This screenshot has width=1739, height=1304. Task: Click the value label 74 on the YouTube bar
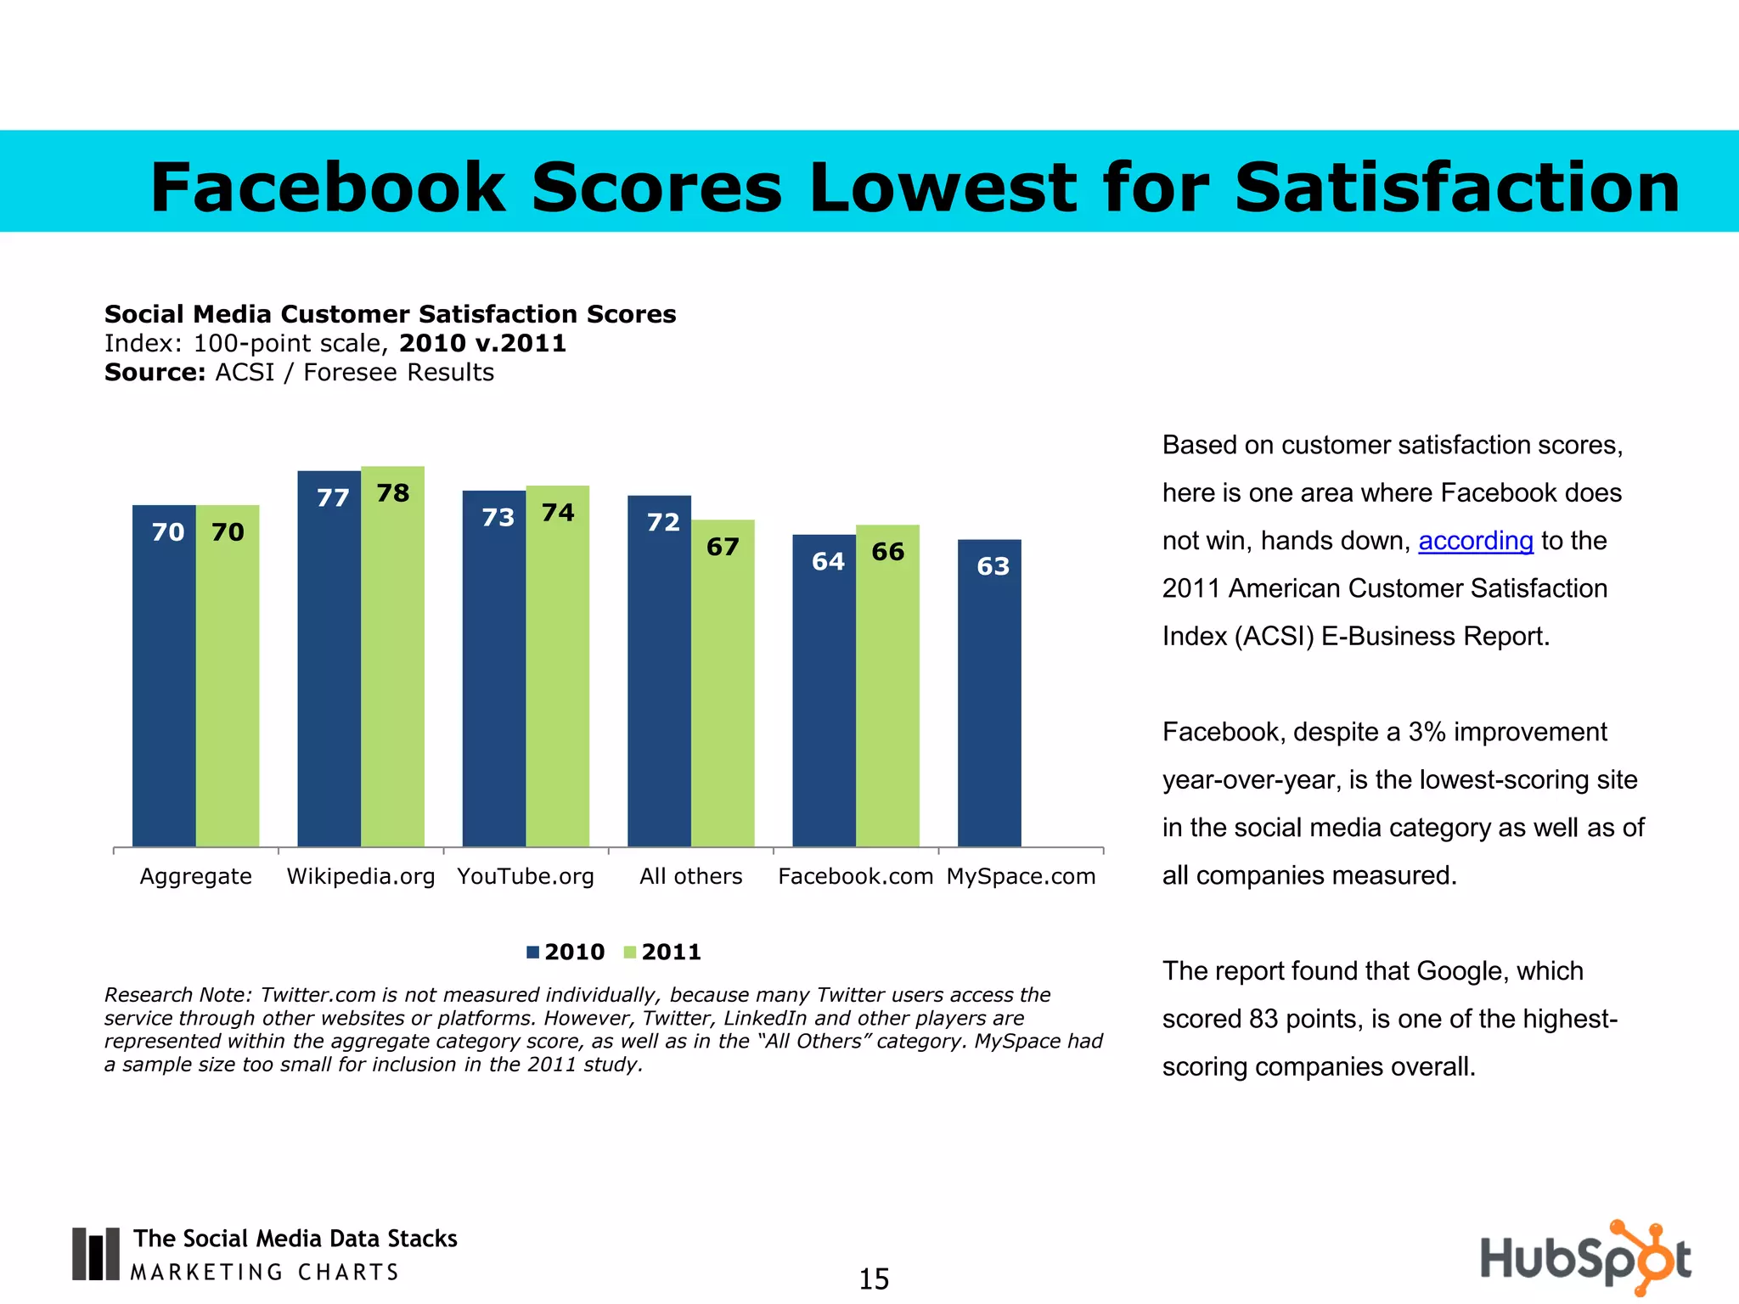click(558, 513)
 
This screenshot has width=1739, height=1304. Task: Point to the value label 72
click(663, 522)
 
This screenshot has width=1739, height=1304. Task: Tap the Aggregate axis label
click(195, 876)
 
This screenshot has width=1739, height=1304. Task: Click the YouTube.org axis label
click(526, 876)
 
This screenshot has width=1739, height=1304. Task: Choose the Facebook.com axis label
click(855, 876)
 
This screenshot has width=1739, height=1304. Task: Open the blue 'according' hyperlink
click(1476, 541)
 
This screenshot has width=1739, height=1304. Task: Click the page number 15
click(874, 1279)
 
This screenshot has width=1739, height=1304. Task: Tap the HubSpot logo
click(1585, 1258)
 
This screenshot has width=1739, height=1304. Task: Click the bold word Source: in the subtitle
click(155, 373)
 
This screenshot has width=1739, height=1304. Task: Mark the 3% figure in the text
click(1427, 732)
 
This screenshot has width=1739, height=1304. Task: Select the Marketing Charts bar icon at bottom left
click(95, 1254)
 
